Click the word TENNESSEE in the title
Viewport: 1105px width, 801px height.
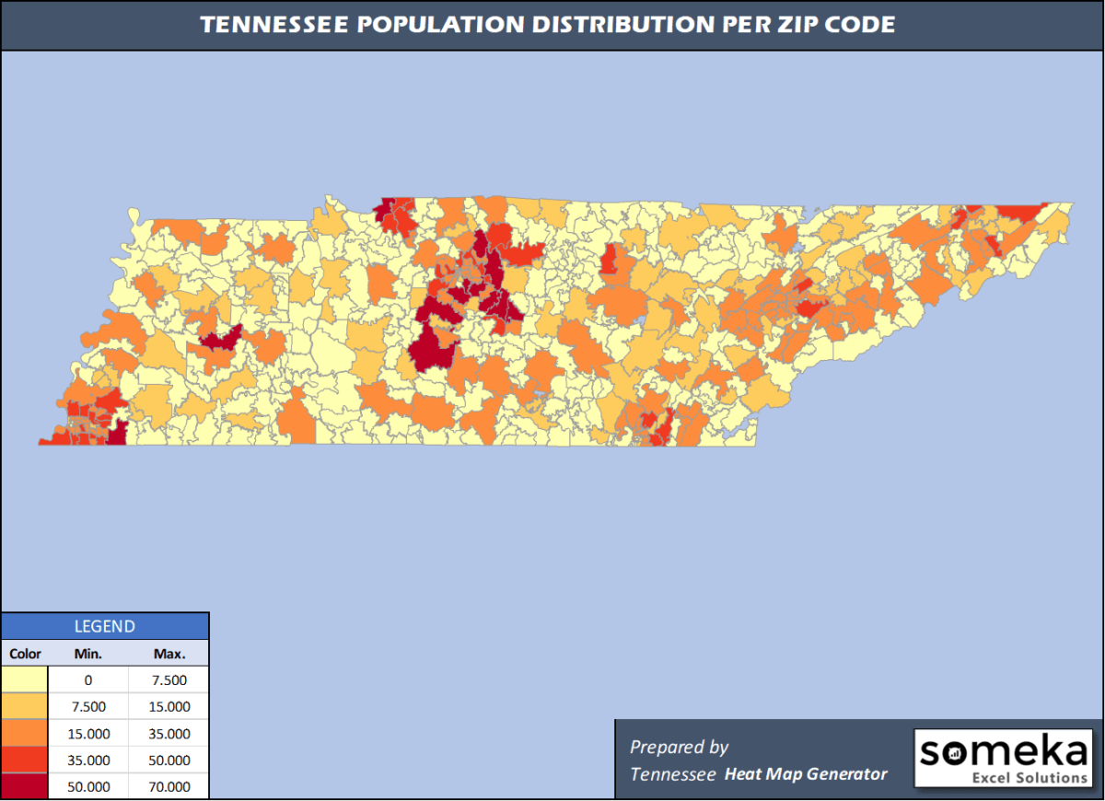click(x=273, y=25)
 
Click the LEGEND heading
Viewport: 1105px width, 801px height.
click(x=104, y=626)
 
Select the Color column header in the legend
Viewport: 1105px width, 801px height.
click(x=26, y=654)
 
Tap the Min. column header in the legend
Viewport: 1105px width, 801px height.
click(x=88, y=654)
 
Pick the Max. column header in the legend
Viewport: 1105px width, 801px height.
click(x=169, y=654)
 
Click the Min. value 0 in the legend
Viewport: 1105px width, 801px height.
click(x=88, y=680)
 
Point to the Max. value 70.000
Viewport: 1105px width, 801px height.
click(x=169, y=787)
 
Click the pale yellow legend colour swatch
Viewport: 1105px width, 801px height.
click(x=25, y=680)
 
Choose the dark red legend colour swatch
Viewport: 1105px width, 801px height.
click(x=25, y=787)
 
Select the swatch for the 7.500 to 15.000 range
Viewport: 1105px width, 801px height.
click(x=25, y=707)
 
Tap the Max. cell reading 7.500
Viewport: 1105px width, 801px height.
click(x=169, y=680)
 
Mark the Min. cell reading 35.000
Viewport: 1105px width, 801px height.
click(x=88, y=760)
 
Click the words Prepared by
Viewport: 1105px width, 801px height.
click(x=680, y=747)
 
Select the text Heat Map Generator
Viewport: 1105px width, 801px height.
click(x=806, y=774)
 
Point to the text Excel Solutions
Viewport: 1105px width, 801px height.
click(x=1029, y=778)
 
